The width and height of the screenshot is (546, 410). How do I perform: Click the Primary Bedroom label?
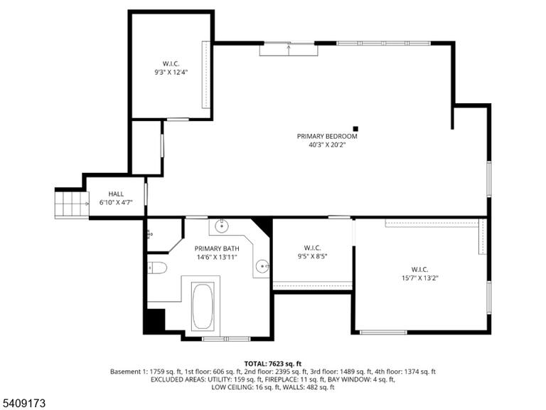[x=327, y=137]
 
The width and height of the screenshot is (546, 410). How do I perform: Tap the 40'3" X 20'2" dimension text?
[x=327, y=144]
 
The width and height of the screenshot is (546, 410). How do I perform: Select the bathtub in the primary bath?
[x=203, y=306]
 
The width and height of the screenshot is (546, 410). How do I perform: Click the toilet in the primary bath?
[x=157, y=268]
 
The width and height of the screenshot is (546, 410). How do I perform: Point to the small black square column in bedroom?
[x=355, y=129]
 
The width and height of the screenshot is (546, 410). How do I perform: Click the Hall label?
[x=116, y=194]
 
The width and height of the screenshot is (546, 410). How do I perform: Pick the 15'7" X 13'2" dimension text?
[x=419, y=278]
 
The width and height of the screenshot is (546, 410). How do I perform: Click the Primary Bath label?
[x=217, y=248]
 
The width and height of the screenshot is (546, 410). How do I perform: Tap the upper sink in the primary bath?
[x=222, y=226]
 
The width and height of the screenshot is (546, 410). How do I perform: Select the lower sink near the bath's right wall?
[x=262, y=267]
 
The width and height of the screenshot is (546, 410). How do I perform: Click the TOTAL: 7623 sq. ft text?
[x=273, y=364]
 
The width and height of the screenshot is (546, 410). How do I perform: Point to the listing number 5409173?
[x=23, y=404]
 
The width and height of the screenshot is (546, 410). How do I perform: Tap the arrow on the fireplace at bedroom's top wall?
[x=289, y=49]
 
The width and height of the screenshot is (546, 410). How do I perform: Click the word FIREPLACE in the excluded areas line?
[x=280, y=379]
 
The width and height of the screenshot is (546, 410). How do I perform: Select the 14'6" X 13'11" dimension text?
[x=217, y=257]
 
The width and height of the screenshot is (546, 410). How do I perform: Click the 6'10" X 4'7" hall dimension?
[x=116, y=203]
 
